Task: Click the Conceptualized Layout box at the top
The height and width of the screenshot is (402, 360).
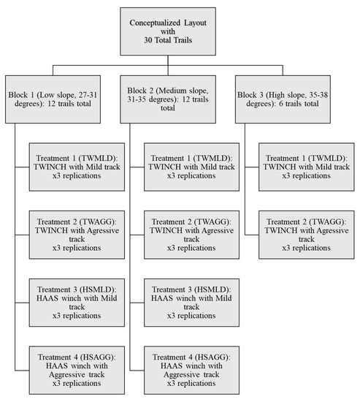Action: [x=168, y=31]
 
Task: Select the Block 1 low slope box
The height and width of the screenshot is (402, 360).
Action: [x=53, y=99]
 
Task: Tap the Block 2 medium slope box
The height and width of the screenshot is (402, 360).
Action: [x=168, y=99]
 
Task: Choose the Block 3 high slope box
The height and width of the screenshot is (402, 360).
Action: [x=283, y=99]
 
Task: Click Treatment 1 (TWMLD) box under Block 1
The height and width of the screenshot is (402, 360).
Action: [x=77, y=167]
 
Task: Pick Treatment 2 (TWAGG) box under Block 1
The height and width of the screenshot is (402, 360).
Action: [x=77, y=235]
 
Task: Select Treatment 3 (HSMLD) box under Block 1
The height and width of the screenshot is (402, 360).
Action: [x=77, y=303]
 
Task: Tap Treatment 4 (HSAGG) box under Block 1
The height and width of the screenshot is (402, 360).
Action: [x=77, y=371]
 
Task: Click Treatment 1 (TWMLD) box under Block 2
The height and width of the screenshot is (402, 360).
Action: [x=191, y=167]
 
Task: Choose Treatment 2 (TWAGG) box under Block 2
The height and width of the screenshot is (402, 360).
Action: [x=191, y=235]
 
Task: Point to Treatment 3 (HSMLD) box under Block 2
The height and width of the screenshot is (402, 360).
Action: [x=191, y=303]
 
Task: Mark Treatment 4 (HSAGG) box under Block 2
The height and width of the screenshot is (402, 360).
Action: [x=191, y=371]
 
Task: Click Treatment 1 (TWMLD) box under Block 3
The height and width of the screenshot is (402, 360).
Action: [x=307, y=167]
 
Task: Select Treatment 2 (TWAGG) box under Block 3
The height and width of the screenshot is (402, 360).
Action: [x=307, y=235]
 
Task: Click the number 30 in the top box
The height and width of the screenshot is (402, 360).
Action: [x=148, y=40]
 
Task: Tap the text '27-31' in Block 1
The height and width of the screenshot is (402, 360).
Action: [x=88, y=95]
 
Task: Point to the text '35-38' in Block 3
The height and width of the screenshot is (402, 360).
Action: [x=318, y=95]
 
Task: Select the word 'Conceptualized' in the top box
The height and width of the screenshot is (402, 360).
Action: [x=156, y=23]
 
